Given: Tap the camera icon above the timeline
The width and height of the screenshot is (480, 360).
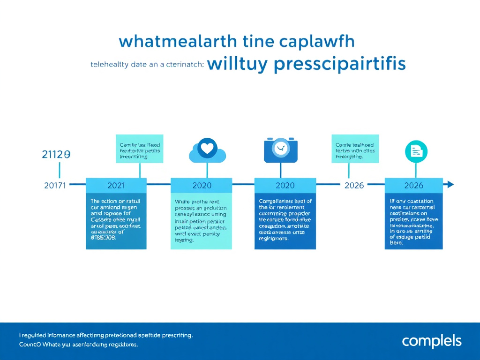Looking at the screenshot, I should coord(281,150).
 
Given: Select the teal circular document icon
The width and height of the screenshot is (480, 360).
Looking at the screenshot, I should coord(416,150).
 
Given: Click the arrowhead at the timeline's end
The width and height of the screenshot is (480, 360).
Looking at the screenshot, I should coord(451,185).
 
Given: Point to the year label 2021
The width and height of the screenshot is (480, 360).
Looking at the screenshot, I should coord(116,185).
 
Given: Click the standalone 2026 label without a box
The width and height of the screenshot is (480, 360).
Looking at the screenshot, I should coord(354,185).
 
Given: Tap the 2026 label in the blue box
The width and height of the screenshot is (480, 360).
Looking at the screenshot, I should coord(413,185).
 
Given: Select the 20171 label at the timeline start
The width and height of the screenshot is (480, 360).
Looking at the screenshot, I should coord(55,185).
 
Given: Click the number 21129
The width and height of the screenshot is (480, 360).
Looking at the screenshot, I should coord(56,155).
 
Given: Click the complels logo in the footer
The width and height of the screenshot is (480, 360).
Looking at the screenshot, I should coord(431,341).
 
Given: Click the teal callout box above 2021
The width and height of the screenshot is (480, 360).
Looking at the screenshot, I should coord(140,149).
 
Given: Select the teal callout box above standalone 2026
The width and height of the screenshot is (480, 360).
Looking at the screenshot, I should coord(355,149).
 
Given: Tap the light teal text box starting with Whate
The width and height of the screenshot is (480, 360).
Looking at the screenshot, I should coord(201,221).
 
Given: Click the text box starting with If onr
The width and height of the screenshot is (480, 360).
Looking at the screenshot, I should coord(413,221).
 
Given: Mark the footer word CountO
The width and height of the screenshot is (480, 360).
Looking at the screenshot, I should coord(30,345).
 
